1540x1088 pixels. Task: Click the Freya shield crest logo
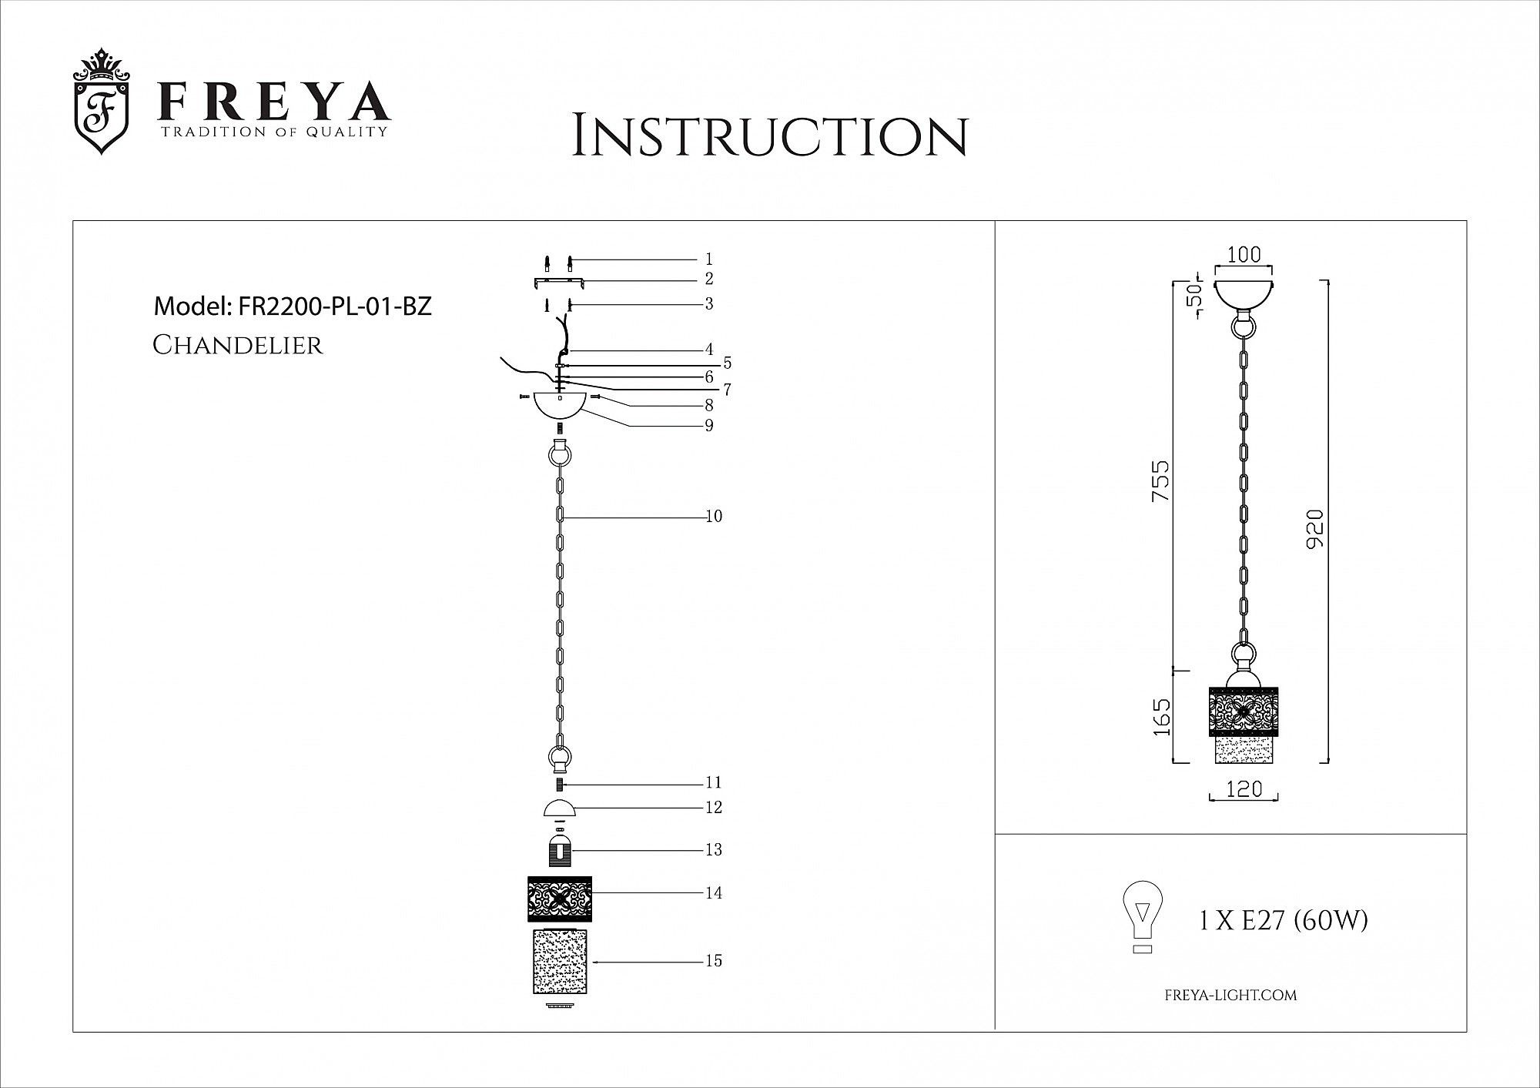click(x=101, y=102)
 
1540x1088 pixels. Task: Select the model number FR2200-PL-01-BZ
click(x=335, y=306)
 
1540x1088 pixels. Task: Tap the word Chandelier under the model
click(x=238, y=345)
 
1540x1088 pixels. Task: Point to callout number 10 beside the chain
click(x=714, y=517)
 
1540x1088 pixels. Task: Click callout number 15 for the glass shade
click(x=714, y=961)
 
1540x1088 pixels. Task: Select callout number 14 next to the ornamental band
click(x=714, y=893)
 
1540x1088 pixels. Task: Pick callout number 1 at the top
click(x=709, y=259)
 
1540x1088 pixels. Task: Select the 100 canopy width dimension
click(x=1244, y=255)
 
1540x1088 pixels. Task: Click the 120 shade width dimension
click(x=1244, y=788)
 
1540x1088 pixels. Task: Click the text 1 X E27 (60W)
click(x=1284, y=920)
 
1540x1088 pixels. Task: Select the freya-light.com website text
click(x=1230, y=996)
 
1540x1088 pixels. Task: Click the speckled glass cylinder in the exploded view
click(x=560, y=962)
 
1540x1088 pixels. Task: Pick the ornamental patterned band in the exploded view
click(x=560, y=899)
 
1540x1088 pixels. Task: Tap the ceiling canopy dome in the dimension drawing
click(x=1244, y=295)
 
